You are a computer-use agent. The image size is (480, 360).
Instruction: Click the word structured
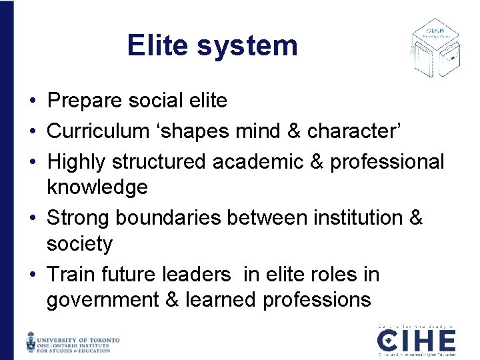[x=159, y=161]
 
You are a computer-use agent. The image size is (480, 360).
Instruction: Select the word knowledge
[x=97, y=187]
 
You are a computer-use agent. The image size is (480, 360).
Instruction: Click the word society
[x=79, y=244]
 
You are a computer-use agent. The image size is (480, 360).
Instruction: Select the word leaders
[x=197, y=274]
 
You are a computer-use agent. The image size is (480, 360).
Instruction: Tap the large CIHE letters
[x=417, y=341]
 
